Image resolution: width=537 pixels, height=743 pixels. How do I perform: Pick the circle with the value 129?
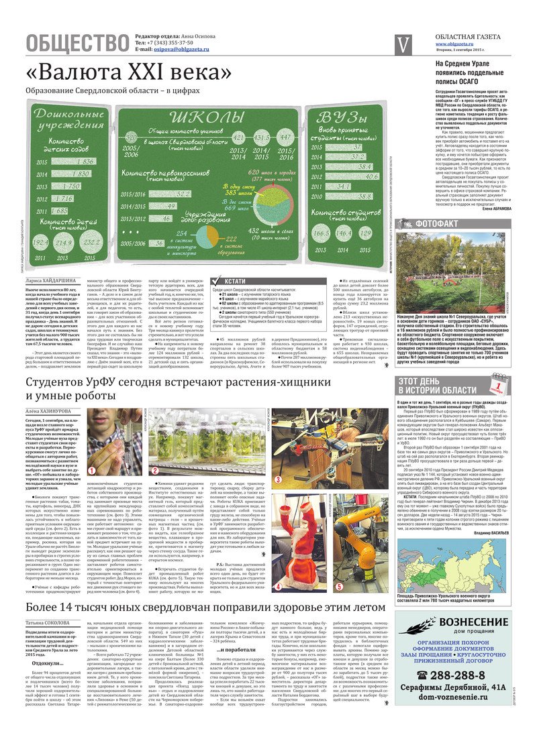click(365, 232)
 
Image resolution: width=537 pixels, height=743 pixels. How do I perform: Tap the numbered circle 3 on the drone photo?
click(279, 461)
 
